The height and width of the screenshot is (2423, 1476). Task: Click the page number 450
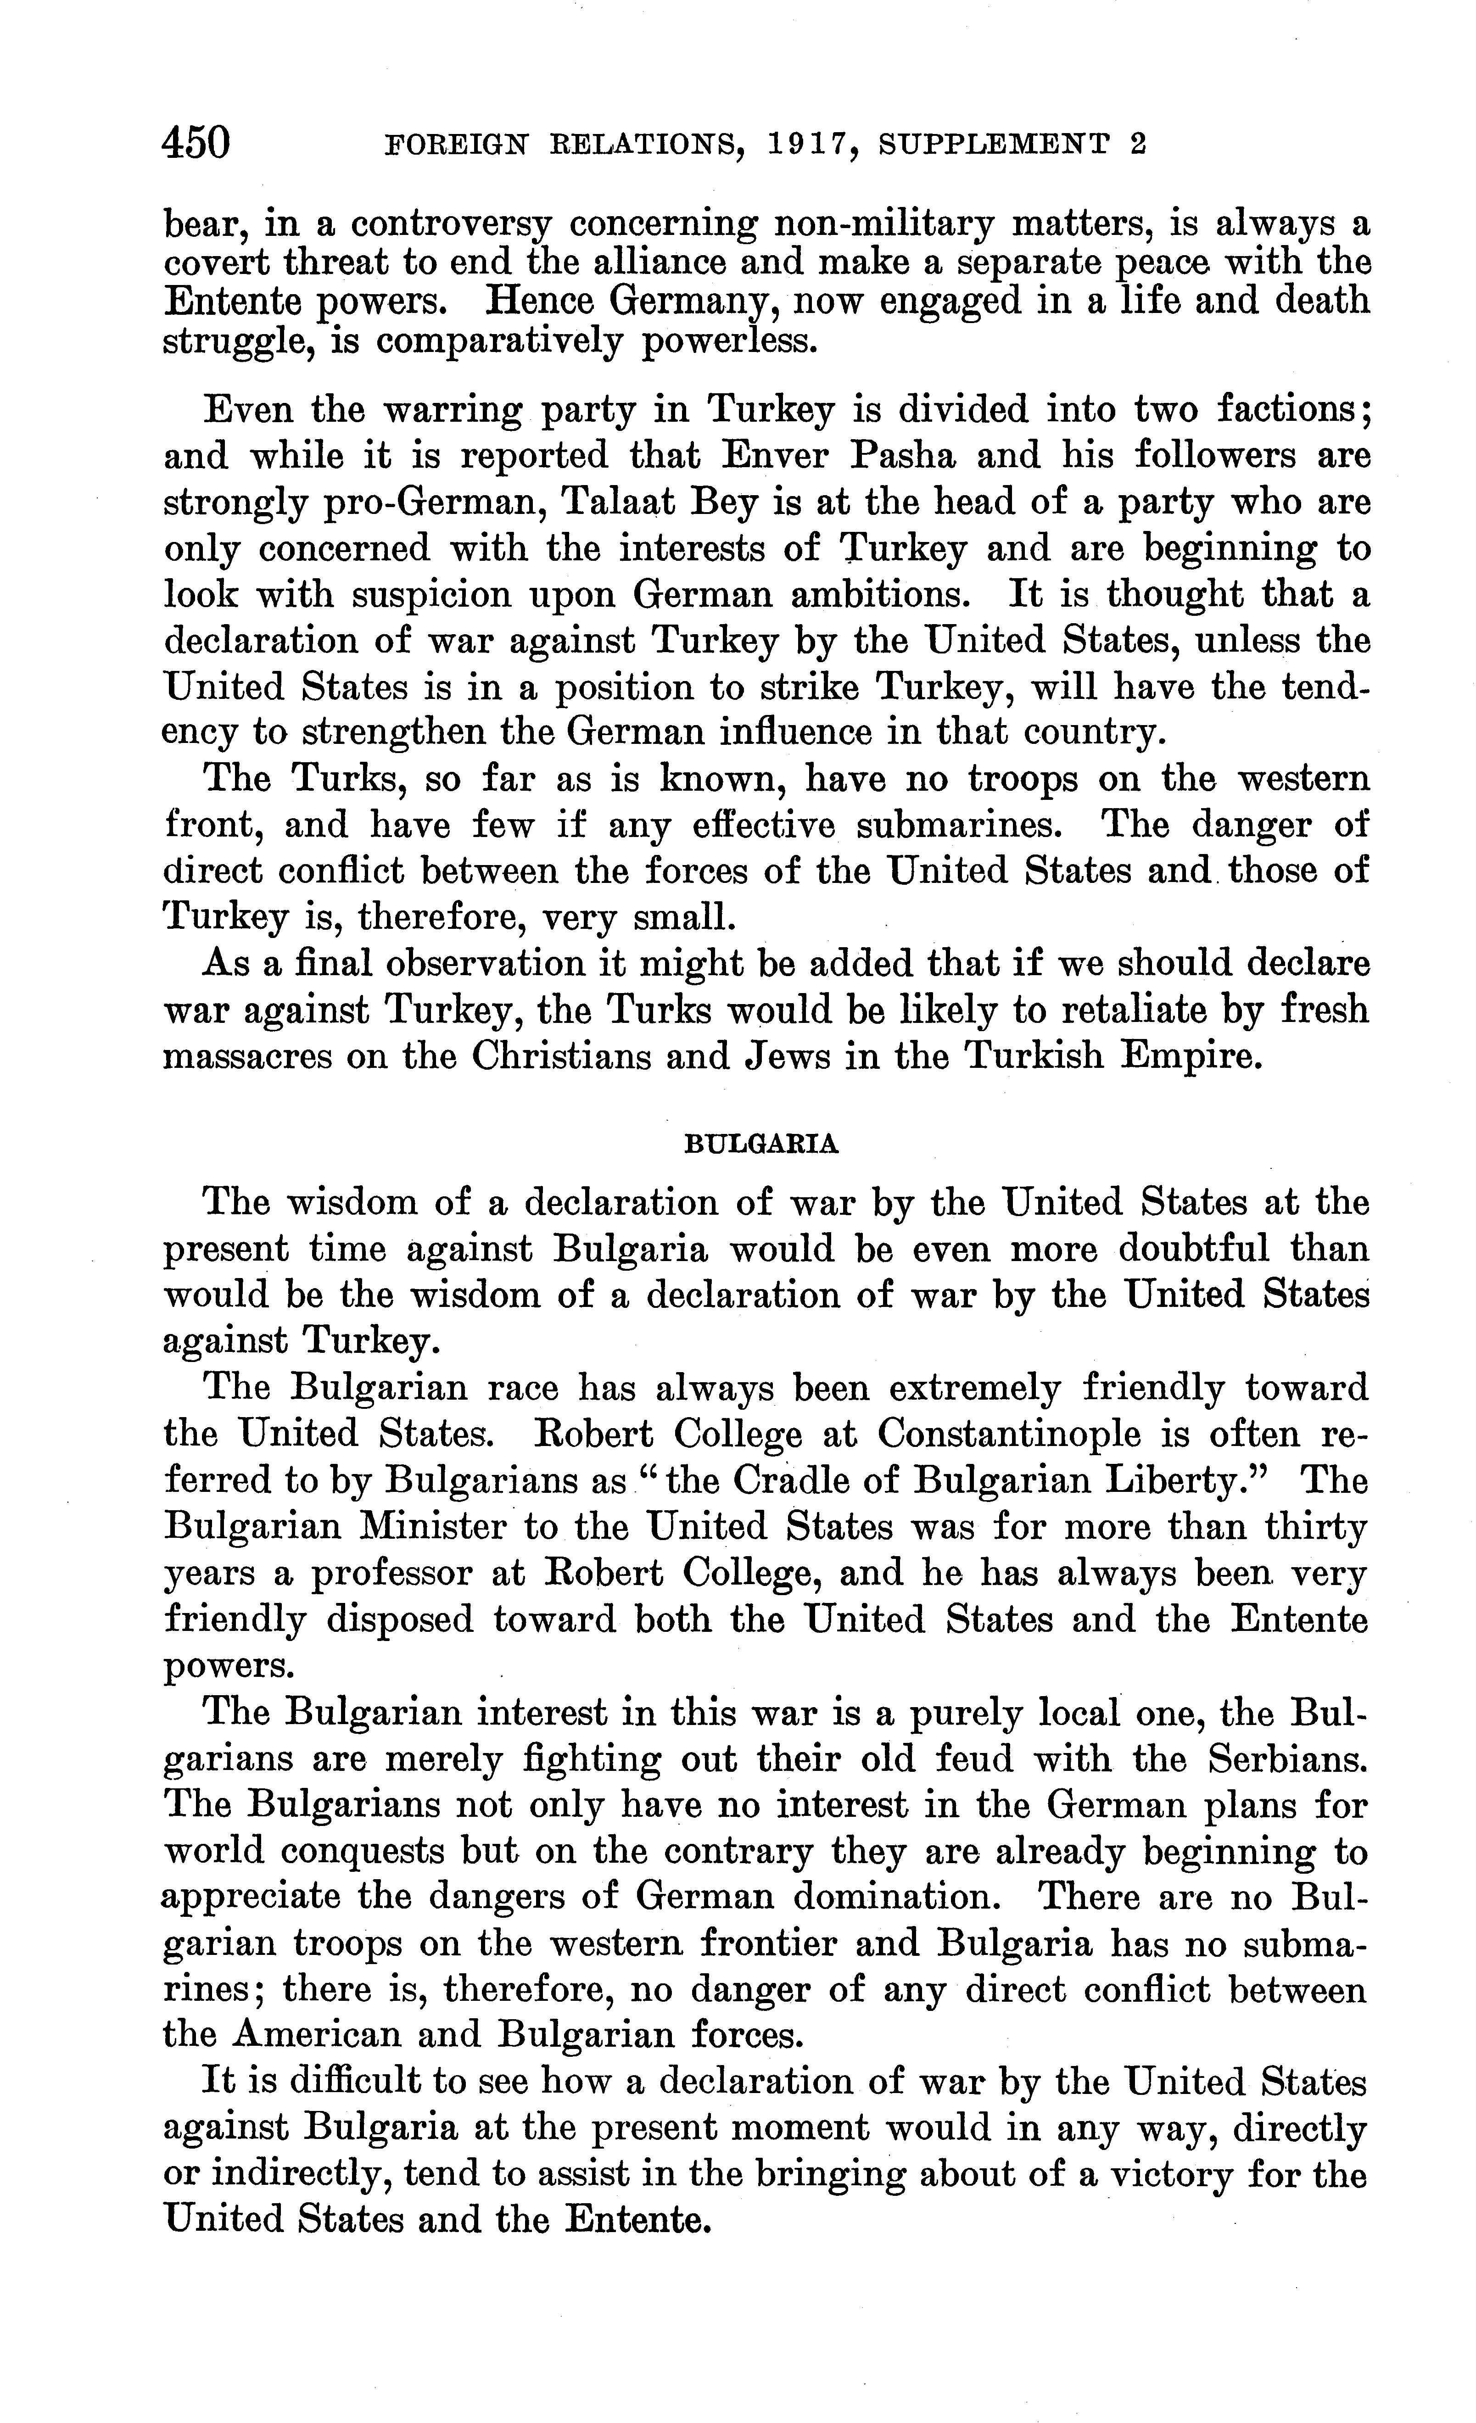point(197,143)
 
